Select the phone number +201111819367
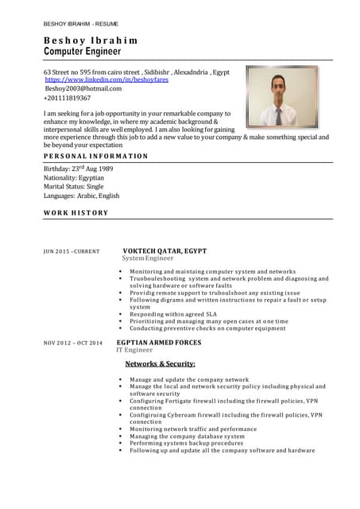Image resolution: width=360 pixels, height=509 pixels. pos(67,98)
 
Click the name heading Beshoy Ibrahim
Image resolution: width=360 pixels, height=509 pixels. pos(90,40)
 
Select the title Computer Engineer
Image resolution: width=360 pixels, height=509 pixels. pos(83,51)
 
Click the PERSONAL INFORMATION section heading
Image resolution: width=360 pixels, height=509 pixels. pos(95,156)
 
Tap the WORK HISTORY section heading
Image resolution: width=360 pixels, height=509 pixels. pos(75,212)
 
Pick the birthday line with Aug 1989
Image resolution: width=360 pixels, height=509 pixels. pos(78,169)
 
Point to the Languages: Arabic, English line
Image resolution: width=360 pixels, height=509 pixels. pos(81,196)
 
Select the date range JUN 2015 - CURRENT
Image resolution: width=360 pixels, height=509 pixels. pos(71,251)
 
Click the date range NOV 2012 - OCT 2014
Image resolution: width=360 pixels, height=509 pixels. pos(72,343)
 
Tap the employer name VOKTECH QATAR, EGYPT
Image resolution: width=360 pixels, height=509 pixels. pos(165,251)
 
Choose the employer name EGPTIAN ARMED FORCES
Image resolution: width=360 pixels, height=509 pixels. pos(159,342)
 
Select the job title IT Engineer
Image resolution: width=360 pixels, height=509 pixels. pos(134,350)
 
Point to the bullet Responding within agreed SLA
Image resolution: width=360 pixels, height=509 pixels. pos(180,314)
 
